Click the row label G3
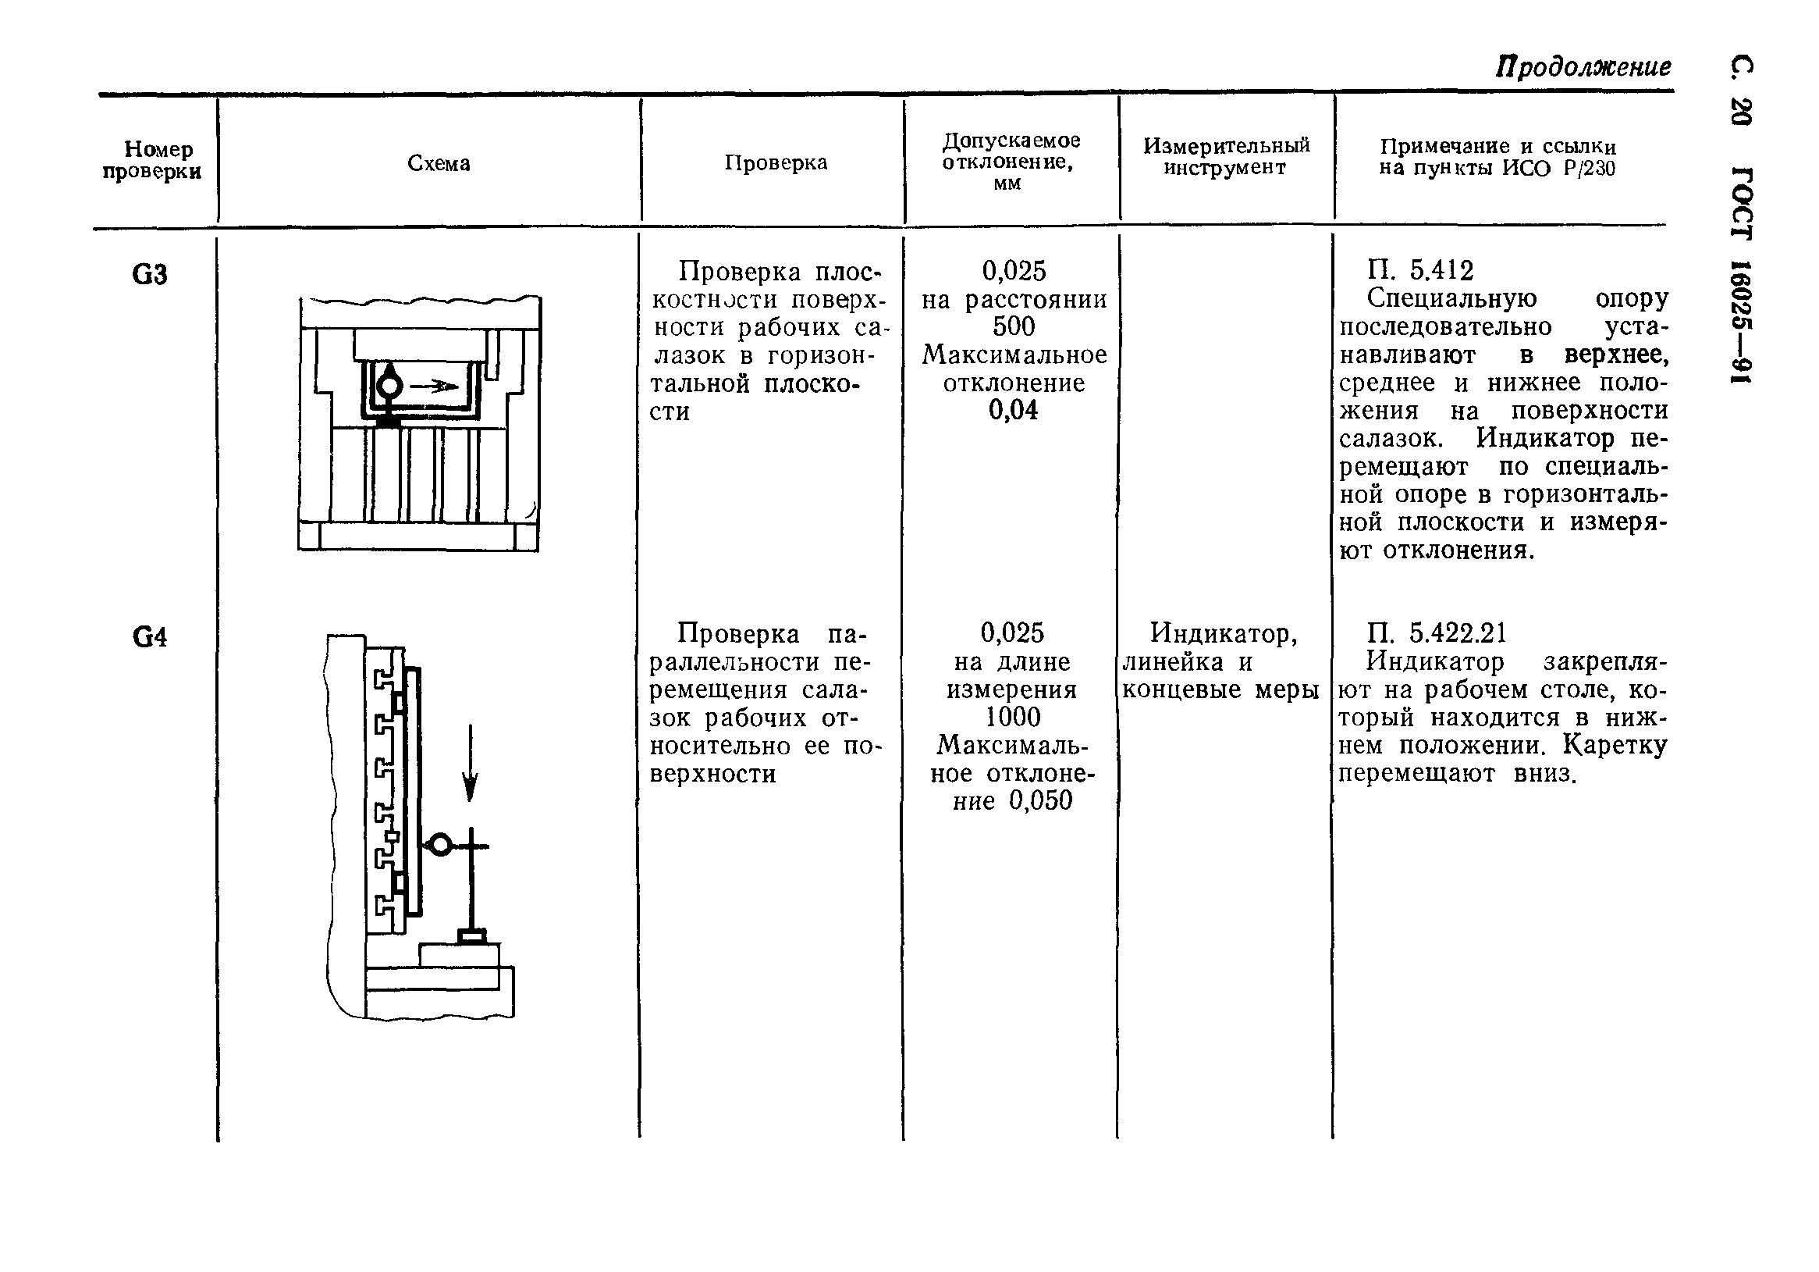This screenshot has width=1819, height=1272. pyautogui.click(x=150, y=274)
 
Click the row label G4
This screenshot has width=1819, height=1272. pyautogui.click(x=150, y=637)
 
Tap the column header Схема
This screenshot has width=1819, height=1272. pyautogui.click(x=438, y=163)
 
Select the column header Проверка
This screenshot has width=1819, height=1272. pyautogui.click(x=776, y=162)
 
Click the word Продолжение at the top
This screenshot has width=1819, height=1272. pyautogui.click(x=1583, y=66)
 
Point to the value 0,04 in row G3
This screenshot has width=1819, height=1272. pyautogui.click(x=1013, y=410)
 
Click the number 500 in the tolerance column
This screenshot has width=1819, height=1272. pyautogui.click(x=1014, y=326)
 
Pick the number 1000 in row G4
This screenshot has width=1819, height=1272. pyautogui.click(x=1012, y=718)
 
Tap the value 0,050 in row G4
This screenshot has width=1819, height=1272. pyautogui.click(x=1040, y=800)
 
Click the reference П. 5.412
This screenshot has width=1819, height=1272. pyautogui.click(x=1419, y=271)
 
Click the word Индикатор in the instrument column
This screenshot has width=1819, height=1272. pyautogui.click(x=1224, y=633)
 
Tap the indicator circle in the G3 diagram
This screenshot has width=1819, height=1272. pyautogui.click(x=390, y=387)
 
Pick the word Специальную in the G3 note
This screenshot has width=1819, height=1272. pyautogui.click(x=1452, y=299)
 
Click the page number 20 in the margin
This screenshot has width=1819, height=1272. pyautogui.click(x=1743, y=111)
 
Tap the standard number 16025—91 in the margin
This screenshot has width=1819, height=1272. pyautogui.click(x=1743, y=321)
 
